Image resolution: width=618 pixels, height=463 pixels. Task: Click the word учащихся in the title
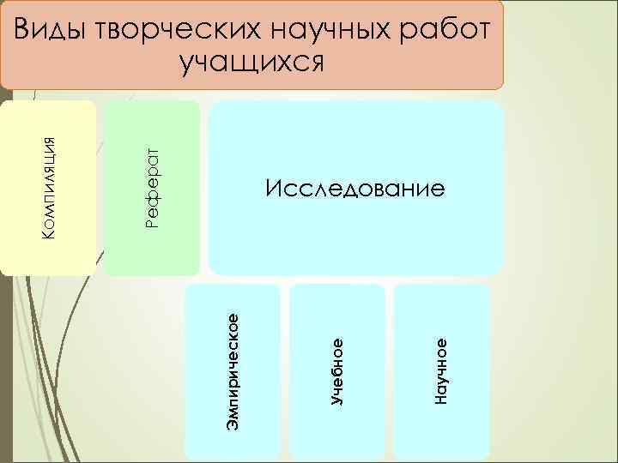click(252, 63)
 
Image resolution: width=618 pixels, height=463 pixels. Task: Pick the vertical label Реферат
click(153, 187)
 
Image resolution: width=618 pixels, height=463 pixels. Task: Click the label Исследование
click(355, 188)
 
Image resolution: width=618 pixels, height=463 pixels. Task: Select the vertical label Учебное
click(336, 370)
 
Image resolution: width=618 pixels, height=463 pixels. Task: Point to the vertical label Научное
click(440, 370)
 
